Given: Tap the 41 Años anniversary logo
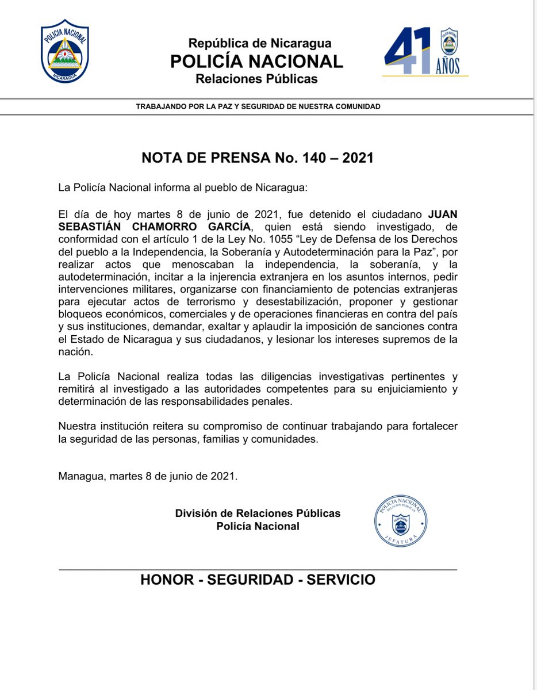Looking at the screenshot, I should (425, 52).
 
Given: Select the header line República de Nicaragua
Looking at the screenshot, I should (260, 43).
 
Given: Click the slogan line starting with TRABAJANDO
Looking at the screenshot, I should (258, 107).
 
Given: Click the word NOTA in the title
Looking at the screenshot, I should (163, 158).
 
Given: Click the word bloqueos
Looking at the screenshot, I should (80, 315).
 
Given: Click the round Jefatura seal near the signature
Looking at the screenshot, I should (401, 522).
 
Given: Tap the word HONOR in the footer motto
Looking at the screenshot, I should (167, 580).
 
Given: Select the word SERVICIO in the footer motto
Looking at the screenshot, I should (340, 580).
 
